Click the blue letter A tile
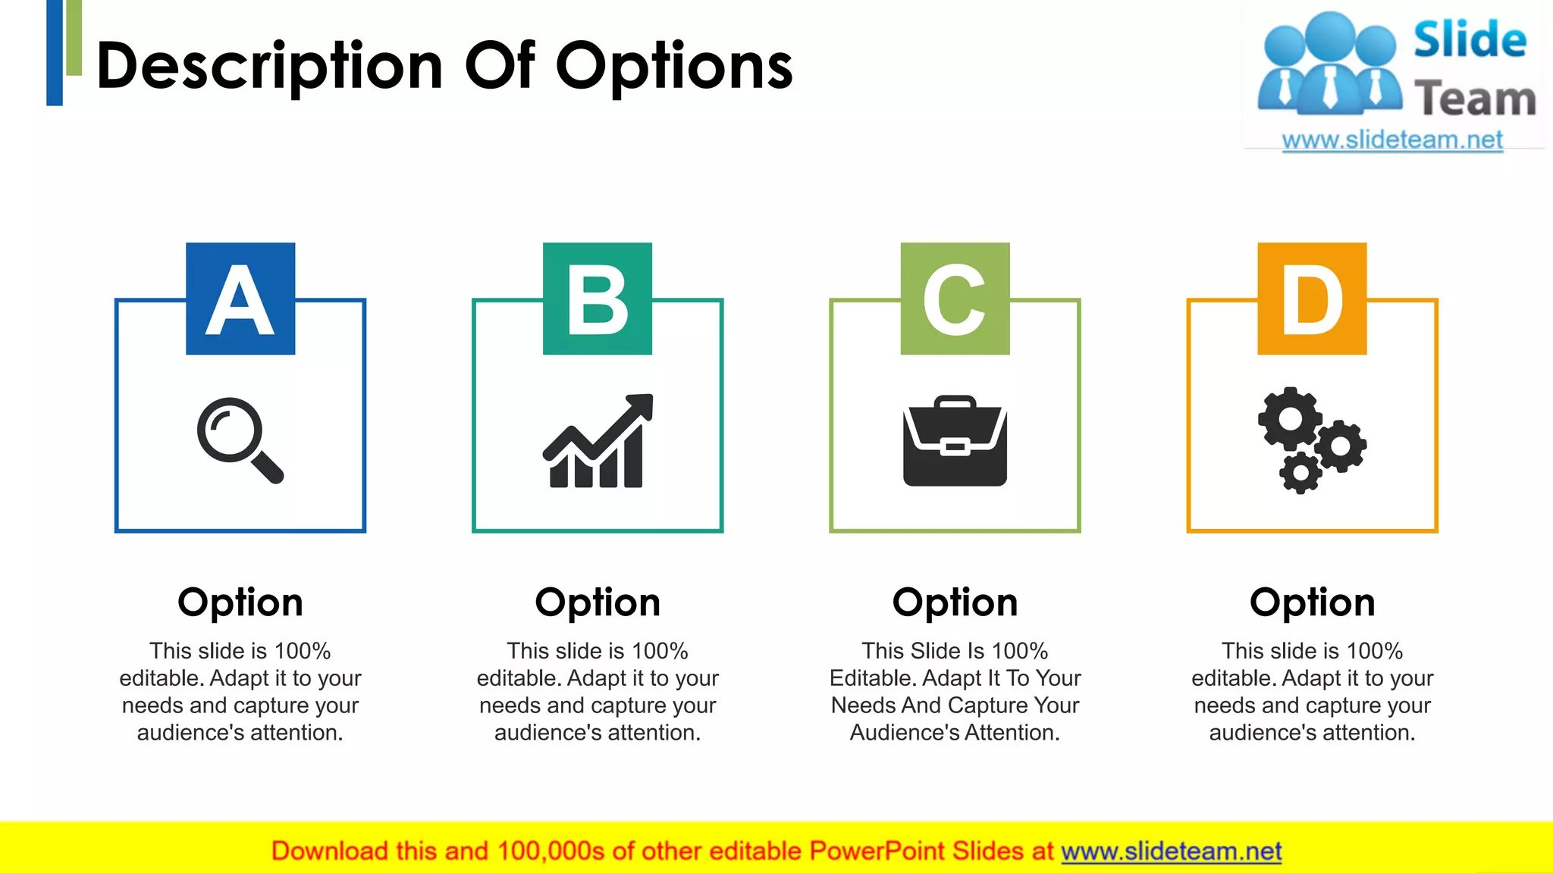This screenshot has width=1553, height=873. (x=240, y=299)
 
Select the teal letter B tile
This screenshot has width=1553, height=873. (x=598, y=299)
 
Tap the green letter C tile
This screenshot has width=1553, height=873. (x=955, y=299)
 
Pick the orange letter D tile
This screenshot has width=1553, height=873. (x=1312, y=299)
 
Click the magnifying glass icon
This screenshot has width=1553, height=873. (x=240, y=440)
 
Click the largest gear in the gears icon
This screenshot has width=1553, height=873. (x=1289, y=418)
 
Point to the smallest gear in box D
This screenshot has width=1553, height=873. (x=1300, y=473)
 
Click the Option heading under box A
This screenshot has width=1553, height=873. (x=240, y=602)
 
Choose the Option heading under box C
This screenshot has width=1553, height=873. (x=955, y=602)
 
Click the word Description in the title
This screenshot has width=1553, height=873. (x=269, y=67)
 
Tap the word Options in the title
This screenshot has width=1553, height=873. (x=674, y=67)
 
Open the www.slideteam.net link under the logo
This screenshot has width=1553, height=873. (x=1392, y=140)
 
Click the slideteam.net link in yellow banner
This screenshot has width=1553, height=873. (x=1171, y=851)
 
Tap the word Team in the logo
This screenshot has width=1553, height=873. (x=1475, y=99)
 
